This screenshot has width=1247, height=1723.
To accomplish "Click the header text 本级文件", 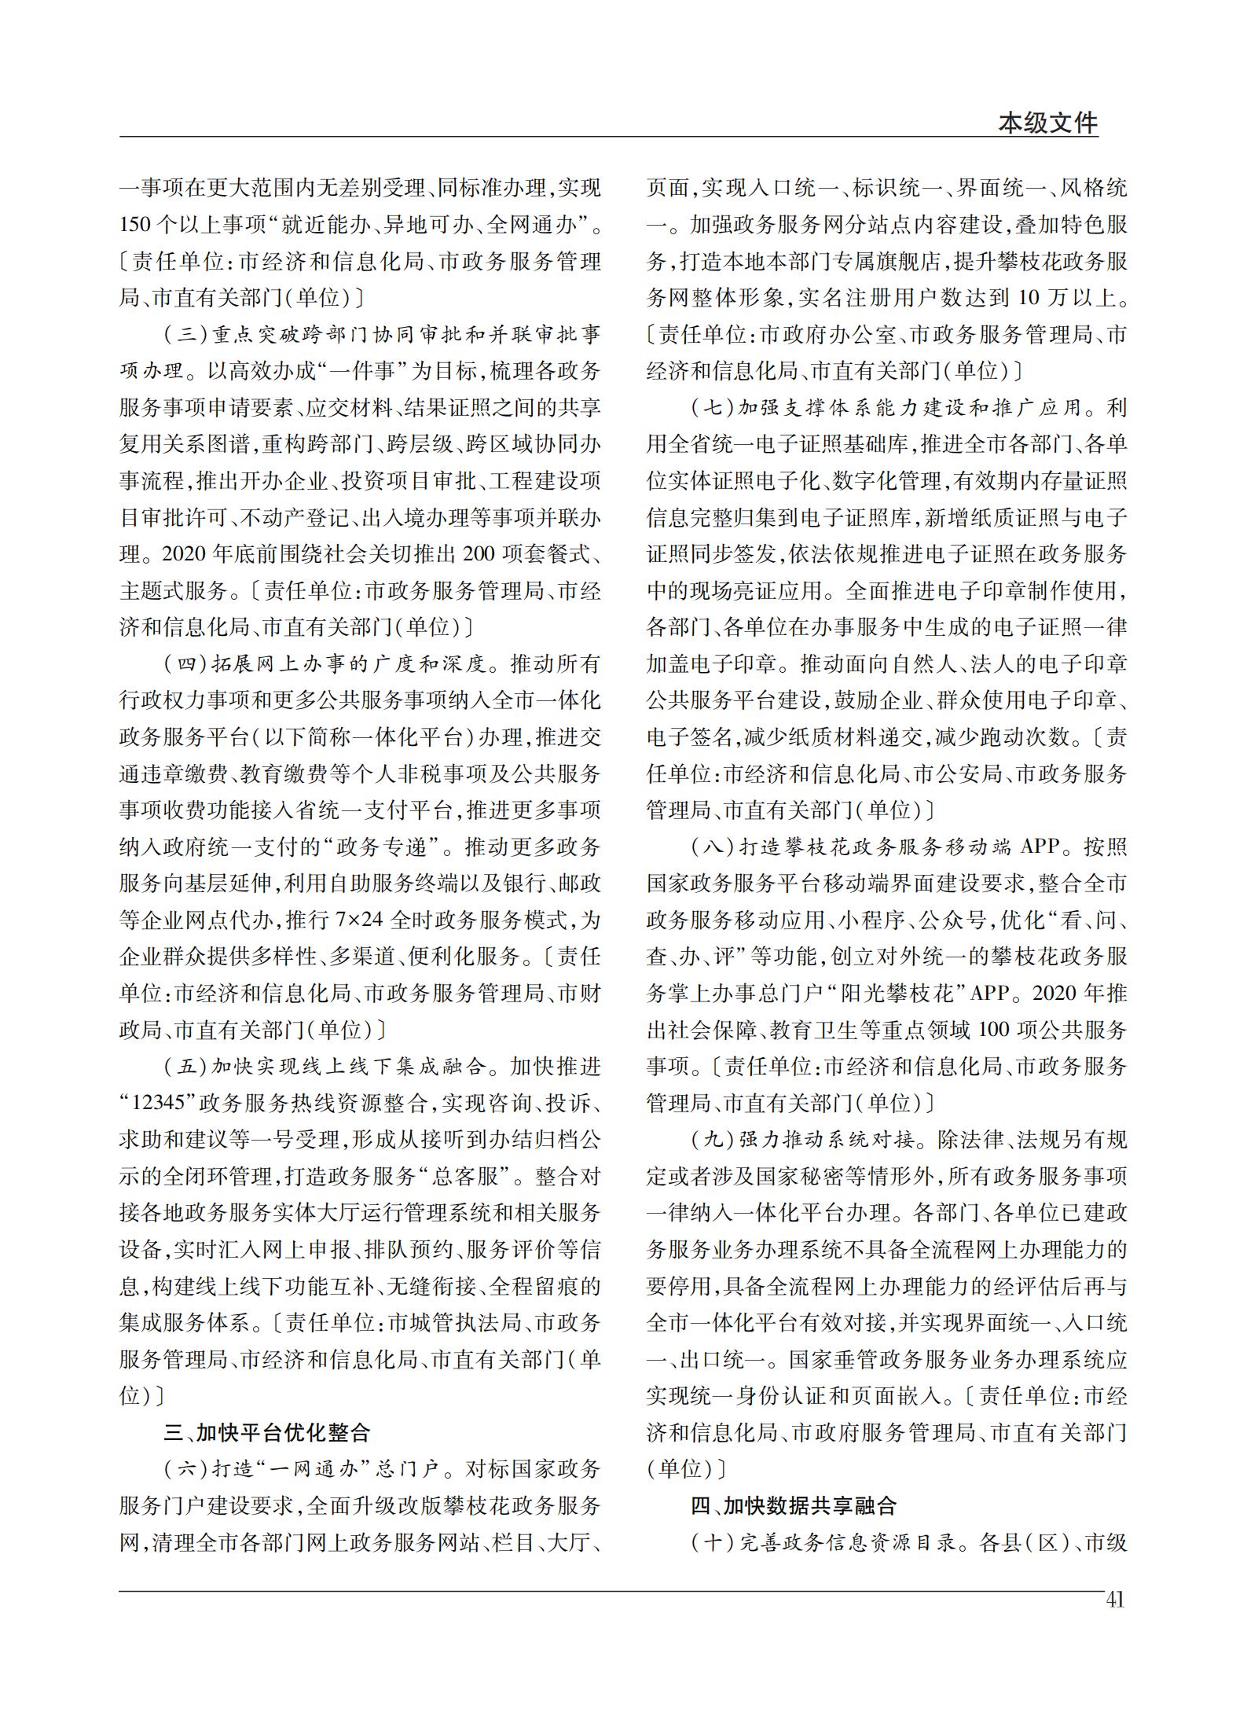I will [1047, 123].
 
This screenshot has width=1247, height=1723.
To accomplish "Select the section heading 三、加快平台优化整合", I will [266, 1432].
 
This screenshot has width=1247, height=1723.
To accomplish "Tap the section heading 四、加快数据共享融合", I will [794, 1505].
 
